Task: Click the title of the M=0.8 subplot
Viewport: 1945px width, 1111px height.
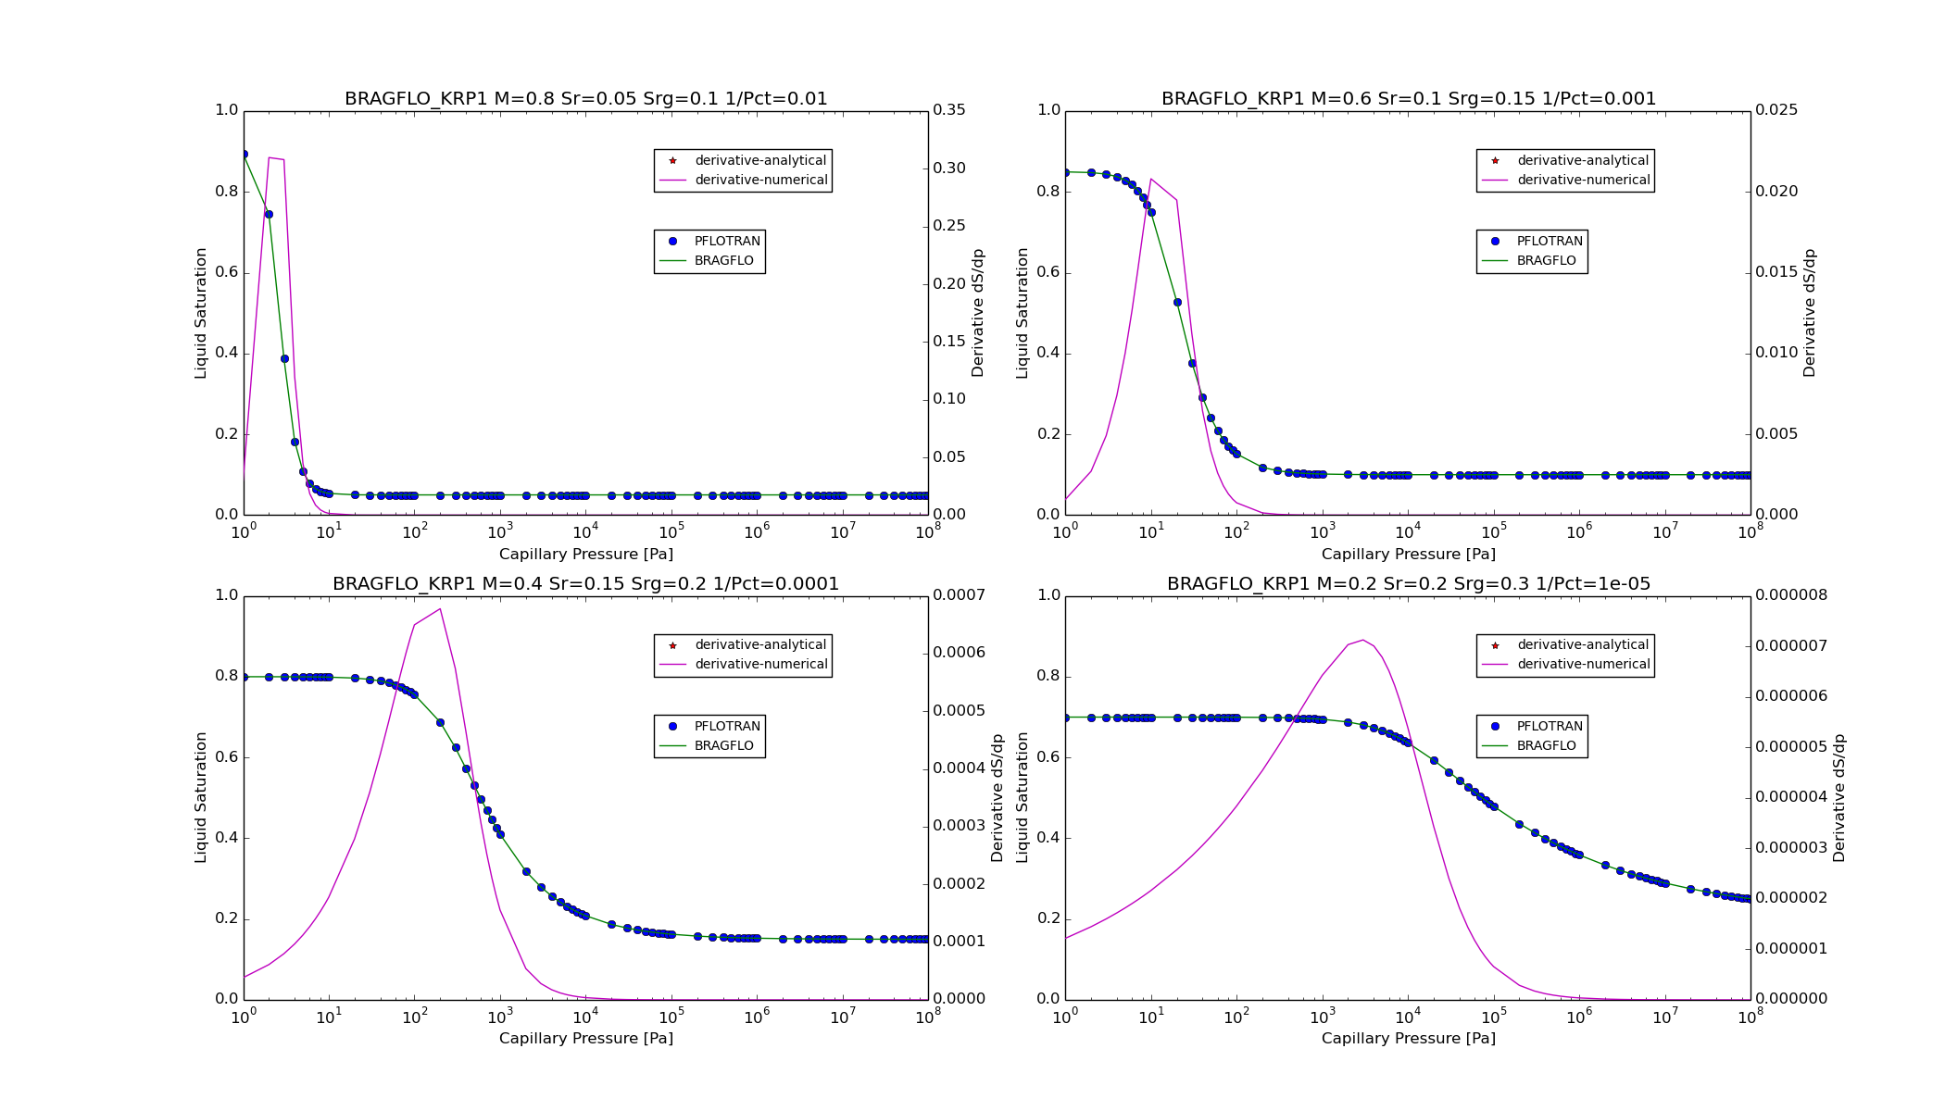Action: coord(585,99)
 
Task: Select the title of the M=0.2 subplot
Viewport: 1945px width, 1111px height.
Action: coord(1408,584)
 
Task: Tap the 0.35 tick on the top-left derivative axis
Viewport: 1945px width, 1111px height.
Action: coord(948,110)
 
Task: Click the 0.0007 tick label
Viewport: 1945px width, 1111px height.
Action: coord(959,595)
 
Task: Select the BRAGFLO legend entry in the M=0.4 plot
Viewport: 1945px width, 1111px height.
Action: coord(723,746)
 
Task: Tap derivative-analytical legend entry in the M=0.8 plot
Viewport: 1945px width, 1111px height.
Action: coord(760,161)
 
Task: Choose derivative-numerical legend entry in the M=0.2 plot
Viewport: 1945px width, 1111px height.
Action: coord(1583,665)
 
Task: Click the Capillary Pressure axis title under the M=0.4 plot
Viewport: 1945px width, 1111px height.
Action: coord(585,1039)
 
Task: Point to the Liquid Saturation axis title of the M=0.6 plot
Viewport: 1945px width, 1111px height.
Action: coord(1023,313)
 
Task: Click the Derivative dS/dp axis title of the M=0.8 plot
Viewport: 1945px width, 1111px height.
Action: coord(977,313)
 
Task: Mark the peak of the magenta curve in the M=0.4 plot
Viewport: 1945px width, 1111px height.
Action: coord(440,608)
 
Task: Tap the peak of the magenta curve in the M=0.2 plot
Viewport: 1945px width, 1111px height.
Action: coord(1362,640)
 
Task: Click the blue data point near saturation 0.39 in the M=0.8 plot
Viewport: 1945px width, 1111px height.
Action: coord(284,359)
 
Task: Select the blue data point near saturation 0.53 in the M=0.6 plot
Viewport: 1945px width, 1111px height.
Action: coord(1177,303)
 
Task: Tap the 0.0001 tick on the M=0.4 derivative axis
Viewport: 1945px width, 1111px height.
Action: coord(959,942)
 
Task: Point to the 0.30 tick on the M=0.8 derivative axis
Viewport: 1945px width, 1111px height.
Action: coord(948,169)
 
